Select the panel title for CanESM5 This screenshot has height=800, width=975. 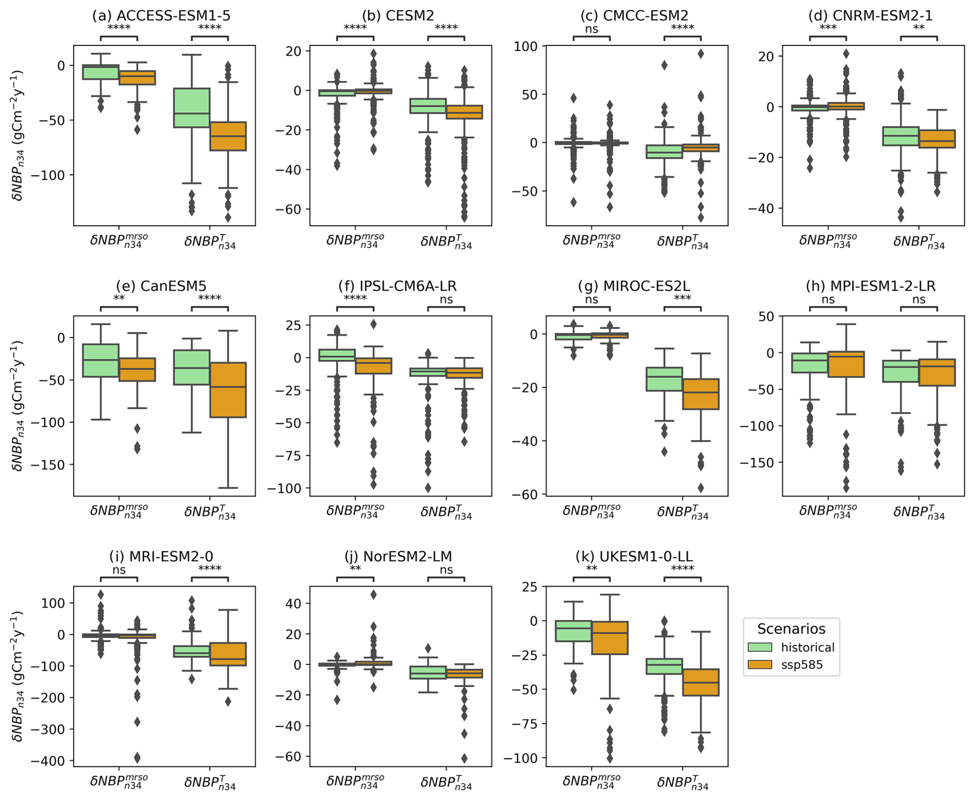point(161,286)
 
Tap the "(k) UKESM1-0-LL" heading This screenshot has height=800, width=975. point(634,557)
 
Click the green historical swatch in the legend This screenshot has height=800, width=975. point(760,647)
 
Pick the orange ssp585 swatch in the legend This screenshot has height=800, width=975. point(760,665)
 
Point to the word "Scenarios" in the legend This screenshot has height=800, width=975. point(791,629)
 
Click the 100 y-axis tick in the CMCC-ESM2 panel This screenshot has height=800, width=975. point(526,46)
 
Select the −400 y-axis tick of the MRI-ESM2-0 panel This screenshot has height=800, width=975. point(49,761)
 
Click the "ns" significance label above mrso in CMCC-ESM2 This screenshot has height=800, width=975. point(592,29)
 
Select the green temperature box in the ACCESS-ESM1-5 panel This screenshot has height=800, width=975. point(191,108)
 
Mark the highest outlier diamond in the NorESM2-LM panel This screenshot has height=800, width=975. point(374,595)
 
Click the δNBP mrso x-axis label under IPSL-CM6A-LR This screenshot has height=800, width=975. point(355,511)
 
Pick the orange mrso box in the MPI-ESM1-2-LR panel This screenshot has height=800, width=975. point(846,364)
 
